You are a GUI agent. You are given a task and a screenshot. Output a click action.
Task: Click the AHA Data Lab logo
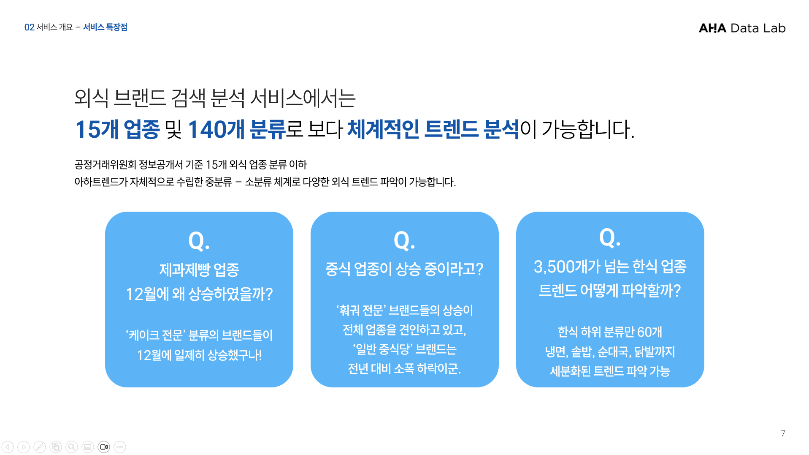(742, 28)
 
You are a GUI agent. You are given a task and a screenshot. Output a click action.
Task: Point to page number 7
(783, 433)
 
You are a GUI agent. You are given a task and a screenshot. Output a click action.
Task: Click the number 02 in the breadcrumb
(29, 27)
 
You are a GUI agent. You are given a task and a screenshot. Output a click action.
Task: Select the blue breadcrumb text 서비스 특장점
(105, 27)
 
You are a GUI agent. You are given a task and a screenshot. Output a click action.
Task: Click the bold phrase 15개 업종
(117, 129)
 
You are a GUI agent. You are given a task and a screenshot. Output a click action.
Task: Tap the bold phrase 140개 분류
(237, 129)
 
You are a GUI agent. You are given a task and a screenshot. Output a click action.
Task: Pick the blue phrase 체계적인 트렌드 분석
(433, 129)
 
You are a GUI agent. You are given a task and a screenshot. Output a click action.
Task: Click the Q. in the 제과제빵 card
(199, 241)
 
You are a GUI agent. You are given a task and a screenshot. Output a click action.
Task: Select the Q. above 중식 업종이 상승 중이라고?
(404, 241)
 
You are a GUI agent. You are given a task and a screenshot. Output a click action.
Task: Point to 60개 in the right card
(649, 332)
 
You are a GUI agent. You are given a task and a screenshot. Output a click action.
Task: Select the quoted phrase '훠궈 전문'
(360, 311)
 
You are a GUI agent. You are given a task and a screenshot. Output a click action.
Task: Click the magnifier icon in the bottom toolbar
(72, 447)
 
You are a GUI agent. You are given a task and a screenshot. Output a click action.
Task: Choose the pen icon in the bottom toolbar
(40, 447)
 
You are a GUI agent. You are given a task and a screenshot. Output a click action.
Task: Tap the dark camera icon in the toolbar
(104, 447)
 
